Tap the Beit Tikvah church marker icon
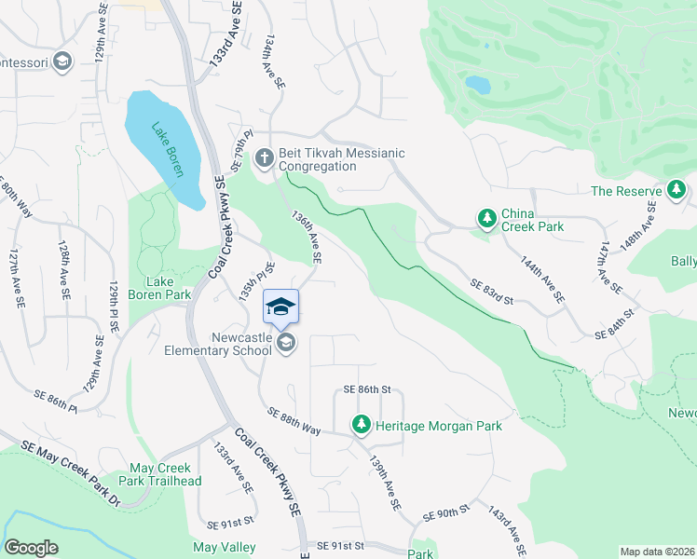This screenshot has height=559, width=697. coord(264,159)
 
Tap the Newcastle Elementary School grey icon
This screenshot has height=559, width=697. coord(286,345)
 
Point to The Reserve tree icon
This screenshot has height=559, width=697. coord(676,192)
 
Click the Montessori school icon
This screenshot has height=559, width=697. coord(62,62)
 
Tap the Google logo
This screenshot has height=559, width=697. coord(31,548)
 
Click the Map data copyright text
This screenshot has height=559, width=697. coord(657,552)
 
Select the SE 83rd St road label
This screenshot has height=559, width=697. coord(492,292)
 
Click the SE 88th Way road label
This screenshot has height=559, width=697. coord(294,420)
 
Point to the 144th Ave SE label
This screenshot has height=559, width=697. coord(542,280)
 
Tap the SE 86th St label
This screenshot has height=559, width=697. coord(365,389)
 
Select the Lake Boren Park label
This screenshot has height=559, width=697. coord(168,288)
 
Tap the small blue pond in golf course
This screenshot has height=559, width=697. coord(478,85)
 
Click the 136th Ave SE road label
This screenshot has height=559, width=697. coord(307,235)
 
